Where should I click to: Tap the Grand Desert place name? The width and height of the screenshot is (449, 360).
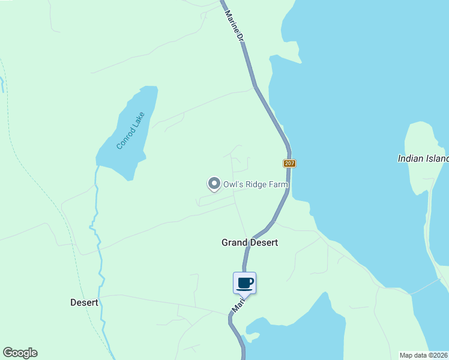tap(250, 242)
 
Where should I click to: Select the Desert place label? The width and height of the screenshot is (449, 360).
tap(84, 302)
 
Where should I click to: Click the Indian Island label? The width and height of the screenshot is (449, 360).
tap(423, 159)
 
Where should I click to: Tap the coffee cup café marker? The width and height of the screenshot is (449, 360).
tap(244, 283)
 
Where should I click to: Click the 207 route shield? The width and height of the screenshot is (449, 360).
tap(290, 163)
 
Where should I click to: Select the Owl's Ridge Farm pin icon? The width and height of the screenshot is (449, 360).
tap(214, 184)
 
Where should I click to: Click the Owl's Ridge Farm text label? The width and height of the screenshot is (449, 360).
tap(256, 185)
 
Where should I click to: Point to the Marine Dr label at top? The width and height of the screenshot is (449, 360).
tap(234, 25)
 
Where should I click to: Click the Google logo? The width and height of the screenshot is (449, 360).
tap(20, 353)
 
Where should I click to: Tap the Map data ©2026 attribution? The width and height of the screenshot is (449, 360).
tap(424, 355)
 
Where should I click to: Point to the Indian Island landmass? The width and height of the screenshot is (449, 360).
tap(423, 192)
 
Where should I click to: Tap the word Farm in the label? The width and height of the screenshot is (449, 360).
tap(279, 185)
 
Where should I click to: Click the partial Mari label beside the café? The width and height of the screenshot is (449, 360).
tap(238, 305)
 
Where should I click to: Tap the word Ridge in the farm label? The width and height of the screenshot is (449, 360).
tap(255, 185)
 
